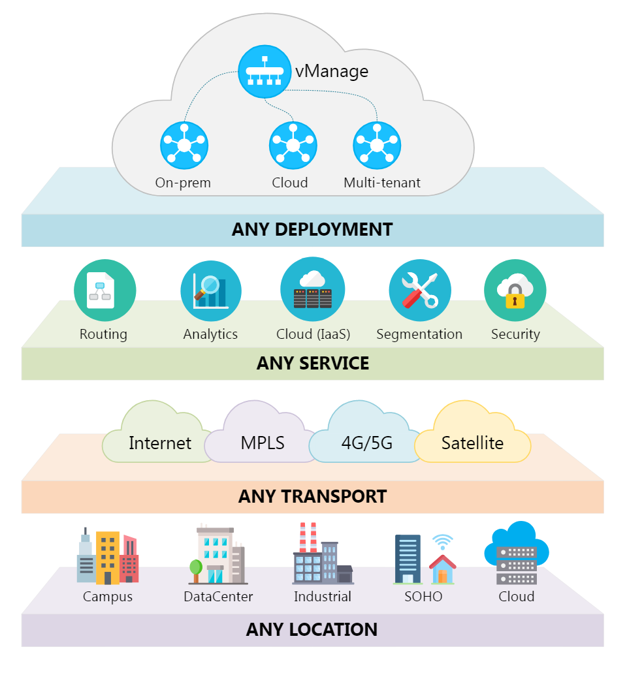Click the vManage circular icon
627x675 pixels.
265,70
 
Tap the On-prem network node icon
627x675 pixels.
184,145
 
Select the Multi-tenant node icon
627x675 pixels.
377,145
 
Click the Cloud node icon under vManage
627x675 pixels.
293,145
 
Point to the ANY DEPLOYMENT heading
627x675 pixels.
312,230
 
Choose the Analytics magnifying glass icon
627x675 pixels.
210,286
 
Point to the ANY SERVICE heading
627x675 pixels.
312,363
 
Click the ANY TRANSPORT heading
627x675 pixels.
312,496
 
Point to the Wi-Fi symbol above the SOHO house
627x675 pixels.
442,542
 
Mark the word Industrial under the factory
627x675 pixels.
322,597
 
